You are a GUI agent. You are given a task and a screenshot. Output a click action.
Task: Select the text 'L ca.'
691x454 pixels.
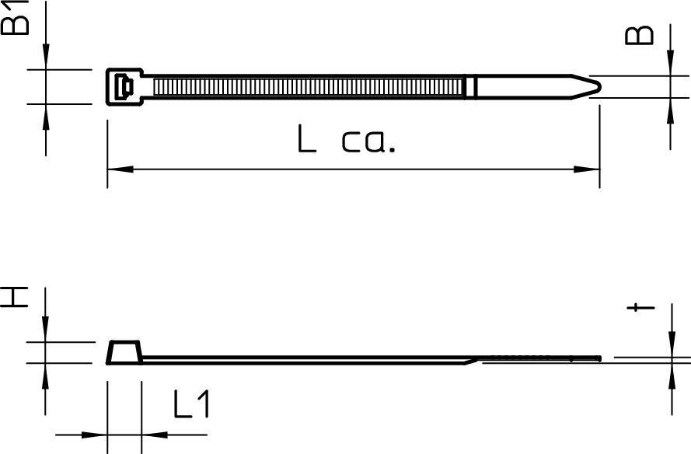[347, 140]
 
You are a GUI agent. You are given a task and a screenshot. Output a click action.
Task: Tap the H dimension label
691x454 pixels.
[14, 296]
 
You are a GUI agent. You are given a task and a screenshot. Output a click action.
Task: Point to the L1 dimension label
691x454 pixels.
[191, 405]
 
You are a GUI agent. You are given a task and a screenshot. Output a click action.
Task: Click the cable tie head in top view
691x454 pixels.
[123, 86]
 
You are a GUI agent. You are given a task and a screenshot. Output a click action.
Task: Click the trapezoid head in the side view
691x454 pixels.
[124, 352]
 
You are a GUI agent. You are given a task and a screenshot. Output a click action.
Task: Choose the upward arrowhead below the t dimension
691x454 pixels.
[670, 373]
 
